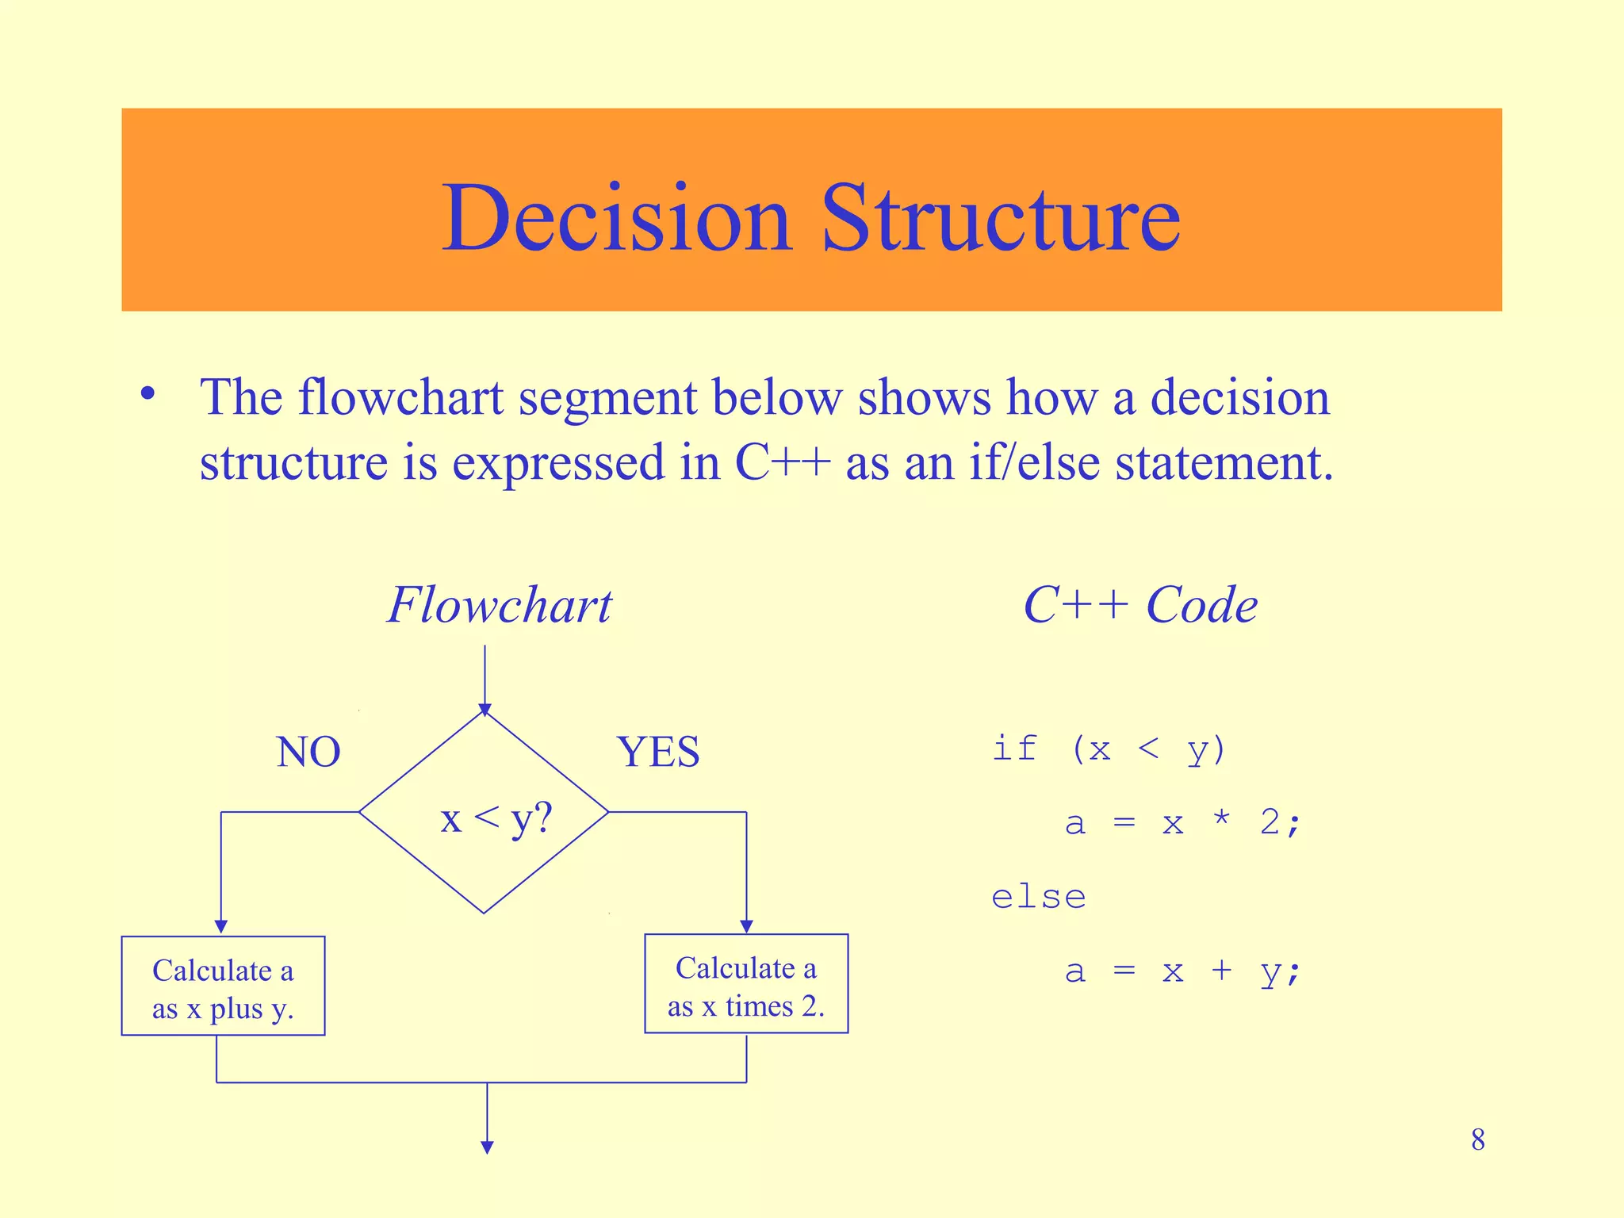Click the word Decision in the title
tap(617, 218)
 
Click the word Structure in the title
tap(1001, 218)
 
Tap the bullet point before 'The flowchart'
tap(147, 394)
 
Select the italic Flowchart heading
tap(500, 606)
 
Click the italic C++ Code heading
tap(1140, 606)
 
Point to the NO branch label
tap(308, 752)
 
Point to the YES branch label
tap(658, 752)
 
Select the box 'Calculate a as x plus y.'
tap(223, 986)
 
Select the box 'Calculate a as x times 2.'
tap(746, 984)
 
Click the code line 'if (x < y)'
tap(1109, 749)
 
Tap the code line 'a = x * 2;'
tap(1182, 823)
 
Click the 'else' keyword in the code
tap(1038, 898)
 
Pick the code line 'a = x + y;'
tap(1182, 971)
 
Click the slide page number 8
tap(1478, 1140)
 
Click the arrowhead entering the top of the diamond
tap(485, 709)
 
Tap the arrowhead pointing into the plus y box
tap(221, 927)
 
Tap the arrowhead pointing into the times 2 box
tap(746, 926)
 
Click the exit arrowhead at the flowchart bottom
tap(488, 1147)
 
